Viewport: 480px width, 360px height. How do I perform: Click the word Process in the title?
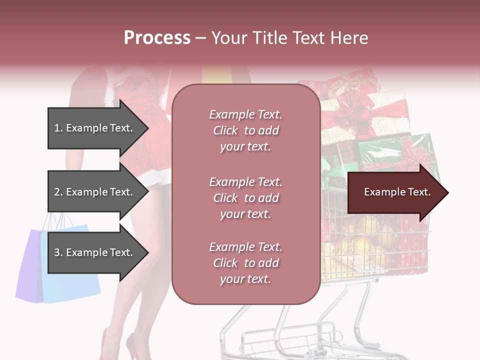(157, 38)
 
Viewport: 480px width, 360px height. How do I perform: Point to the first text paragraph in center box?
(245, 130)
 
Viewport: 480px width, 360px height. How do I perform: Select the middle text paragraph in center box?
(245, 198)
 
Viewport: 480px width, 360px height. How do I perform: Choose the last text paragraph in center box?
(245, 263)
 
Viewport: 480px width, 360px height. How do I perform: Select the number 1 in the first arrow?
(57, 128)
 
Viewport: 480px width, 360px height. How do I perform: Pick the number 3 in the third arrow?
(57, 253)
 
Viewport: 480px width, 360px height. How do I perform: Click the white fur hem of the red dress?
(155, 176)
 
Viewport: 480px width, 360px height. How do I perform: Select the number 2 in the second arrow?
(57, 192)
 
